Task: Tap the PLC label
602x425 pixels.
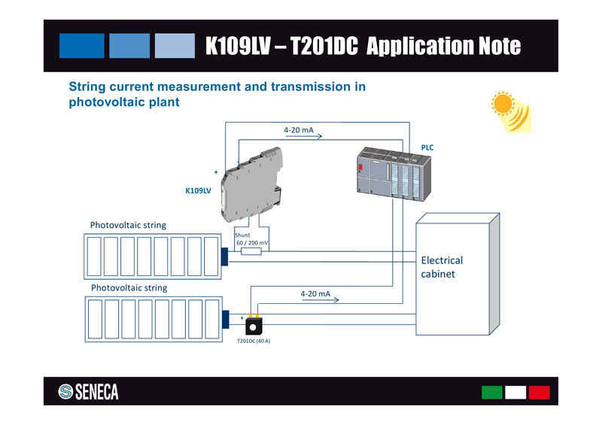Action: tap(427, 147)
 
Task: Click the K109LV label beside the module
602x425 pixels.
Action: tap(198, 191)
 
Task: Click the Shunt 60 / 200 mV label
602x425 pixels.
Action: tap(252, 239)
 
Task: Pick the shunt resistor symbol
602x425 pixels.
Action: tap(251, 251)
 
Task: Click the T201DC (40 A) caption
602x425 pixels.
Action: tap(254, 342)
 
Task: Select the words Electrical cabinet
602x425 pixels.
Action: tap(442, 267)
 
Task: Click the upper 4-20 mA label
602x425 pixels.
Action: tap(299, 130)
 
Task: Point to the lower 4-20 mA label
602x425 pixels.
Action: tap(315, 293)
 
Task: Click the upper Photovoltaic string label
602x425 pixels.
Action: tap(128, 225)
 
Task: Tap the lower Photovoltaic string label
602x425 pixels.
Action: tap(129, 288)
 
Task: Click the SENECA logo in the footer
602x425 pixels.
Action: tap(89, 392)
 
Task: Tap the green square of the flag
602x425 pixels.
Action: tap(491, 392)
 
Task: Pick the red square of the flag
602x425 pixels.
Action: tap(539, 392)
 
